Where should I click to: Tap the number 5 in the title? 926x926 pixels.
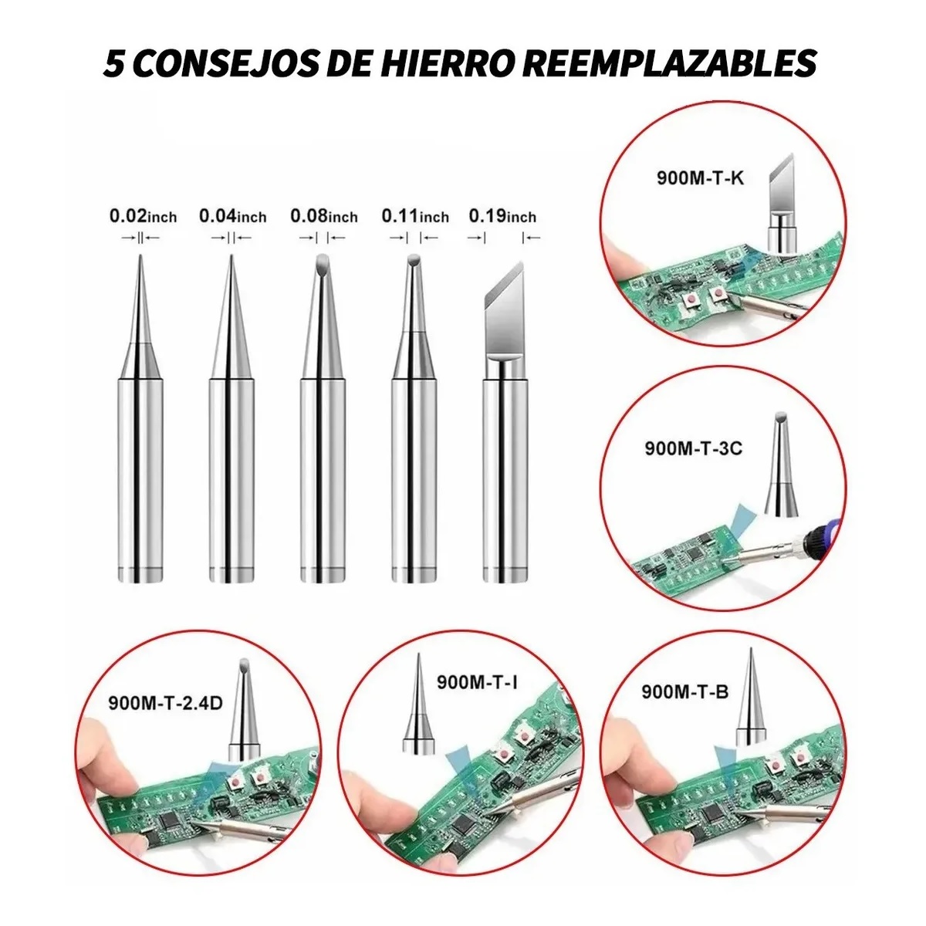click(114, 63)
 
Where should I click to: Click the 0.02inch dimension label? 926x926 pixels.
click(143, 216)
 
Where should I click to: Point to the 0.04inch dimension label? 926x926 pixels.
click(232, 216)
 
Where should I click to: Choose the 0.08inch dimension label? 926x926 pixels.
click(323, 216)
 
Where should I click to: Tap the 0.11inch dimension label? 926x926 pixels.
click(414, 216)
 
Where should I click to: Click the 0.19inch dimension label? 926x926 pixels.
click(502, 216)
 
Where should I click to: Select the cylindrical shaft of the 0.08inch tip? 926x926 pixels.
click(323, 478)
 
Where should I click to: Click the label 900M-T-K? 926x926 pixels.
click(700, 177)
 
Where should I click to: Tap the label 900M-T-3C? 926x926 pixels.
click(693, 448)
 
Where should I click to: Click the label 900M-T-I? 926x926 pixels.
click(477, 682)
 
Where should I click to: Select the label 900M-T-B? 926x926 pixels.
click(684, 692)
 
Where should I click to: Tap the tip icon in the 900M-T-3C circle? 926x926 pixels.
click(782, 467)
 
